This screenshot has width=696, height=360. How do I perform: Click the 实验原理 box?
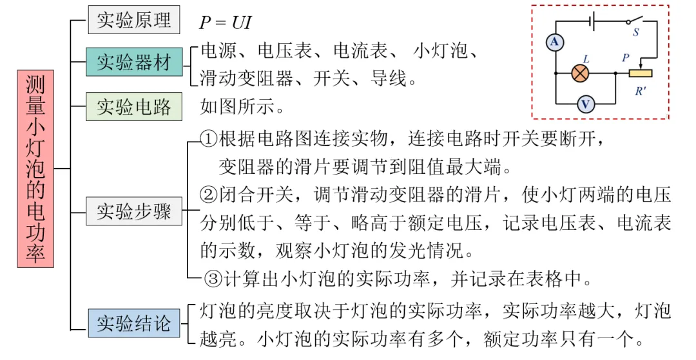coord(134,21)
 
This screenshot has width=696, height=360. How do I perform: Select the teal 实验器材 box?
coord(134,62)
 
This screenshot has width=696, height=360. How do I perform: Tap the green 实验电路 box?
coord(134,106)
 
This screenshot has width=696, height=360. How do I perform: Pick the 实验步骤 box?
coord(134,211)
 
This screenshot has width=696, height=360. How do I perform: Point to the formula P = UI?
coord(225,23)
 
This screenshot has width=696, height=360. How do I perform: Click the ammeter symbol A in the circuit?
coord(555,43)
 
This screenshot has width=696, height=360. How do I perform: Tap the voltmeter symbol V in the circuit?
coord(585,104)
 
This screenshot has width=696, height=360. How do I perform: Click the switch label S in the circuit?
coord(635,33)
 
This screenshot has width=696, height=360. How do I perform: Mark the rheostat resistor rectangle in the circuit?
coord(641,73)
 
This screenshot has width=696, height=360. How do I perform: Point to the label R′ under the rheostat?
coord(641,91)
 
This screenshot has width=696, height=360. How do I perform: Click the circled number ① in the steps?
coord(209,138)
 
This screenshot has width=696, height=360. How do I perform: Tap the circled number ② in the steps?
coord(209,194)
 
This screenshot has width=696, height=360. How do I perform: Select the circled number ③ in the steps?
coord(213,279)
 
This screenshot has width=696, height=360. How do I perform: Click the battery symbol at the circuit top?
coord(592,20)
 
